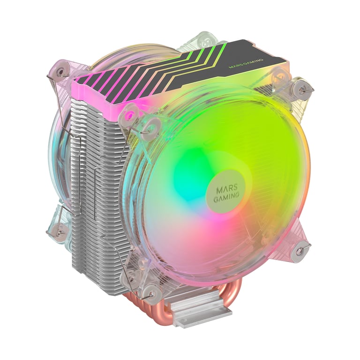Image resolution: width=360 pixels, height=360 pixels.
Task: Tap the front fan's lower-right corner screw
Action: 298,250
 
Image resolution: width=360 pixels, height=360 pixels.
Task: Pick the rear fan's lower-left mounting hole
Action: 60,229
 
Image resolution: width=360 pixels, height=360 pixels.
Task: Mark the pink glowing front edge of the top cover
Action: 108,89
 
